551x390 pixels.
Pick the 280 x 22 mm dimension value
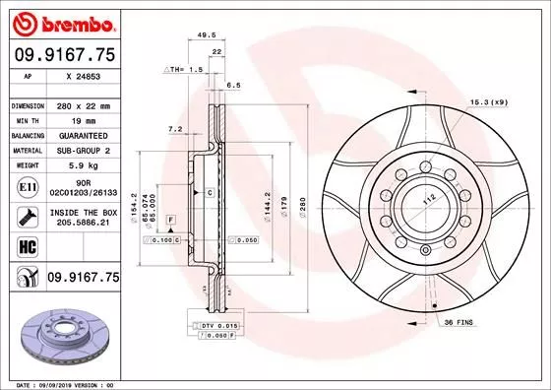(83, 104)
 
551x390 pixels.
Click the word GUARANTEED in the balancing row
(83, 134)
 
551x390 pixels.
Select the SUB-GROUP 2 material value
(83, 150)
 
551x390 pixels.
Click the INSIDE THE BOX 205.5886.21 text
(83, 217)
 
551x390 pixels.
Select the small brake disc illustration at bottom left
(63, 329)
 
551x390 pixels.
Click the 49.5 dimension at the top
(207, 33)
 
